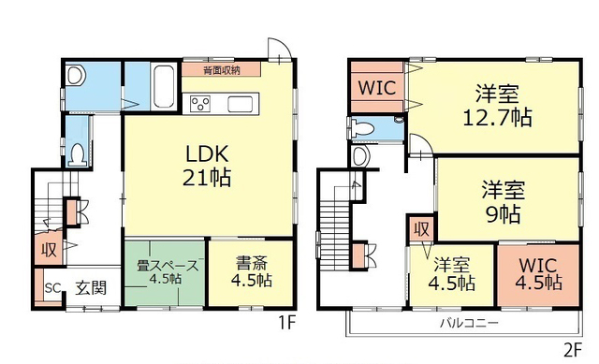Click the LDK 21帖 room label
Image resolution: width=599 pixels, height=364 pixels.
tap(207, 166)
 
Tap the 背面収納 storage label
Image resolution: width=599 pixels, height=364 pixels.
tap(222, 70)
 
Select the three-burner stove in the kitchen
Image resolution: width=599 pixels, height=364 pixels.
tap(200, 104)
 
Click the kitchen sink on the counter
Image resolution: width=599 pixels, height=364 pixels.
tap(241, 104)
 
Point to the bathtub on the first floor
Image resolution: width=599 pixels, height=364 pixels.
tap(164, 86)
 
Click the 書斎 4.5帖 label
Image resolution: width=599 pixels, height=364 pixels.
tap(252, 271)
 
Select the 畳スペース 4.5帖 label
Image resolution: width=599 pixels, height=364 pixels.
tap(167, 272)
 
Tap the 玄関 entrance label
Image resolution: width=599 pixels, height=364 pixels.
tap(91, 287)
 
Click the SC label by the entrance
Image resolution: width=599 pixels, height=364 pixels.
tap(52, 287)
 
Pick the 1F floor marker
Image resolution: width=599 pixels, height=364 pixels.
tap(286, 323)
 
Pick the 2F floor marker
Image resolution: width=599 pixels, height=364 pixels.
tap(572, 349)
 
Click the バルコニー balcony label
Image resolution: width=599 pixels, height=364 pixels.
tap(469, 323)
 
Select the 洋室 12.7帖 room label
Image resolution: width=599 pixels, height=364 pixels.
tap(497, 106)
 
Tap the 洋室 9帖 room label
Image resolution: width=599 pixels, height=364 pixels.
tap(504, 202)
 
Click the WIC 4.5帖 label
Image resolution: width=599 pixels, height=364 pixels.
tap(539, 274)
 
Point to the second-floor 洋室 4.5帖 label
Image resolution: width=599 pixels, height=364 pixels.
tap(451, 274)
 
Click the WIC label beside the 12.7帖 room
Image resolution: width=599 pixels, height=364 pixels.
tap(376, 88)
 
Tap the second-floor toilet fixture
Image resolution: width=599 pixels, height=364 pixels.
tap(362, 128)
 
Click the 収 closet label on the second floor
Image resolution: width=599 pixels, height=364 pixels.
tap(422, 229)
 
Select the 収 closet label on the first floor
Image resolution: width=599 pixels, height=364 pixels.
tap(50, 250)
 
